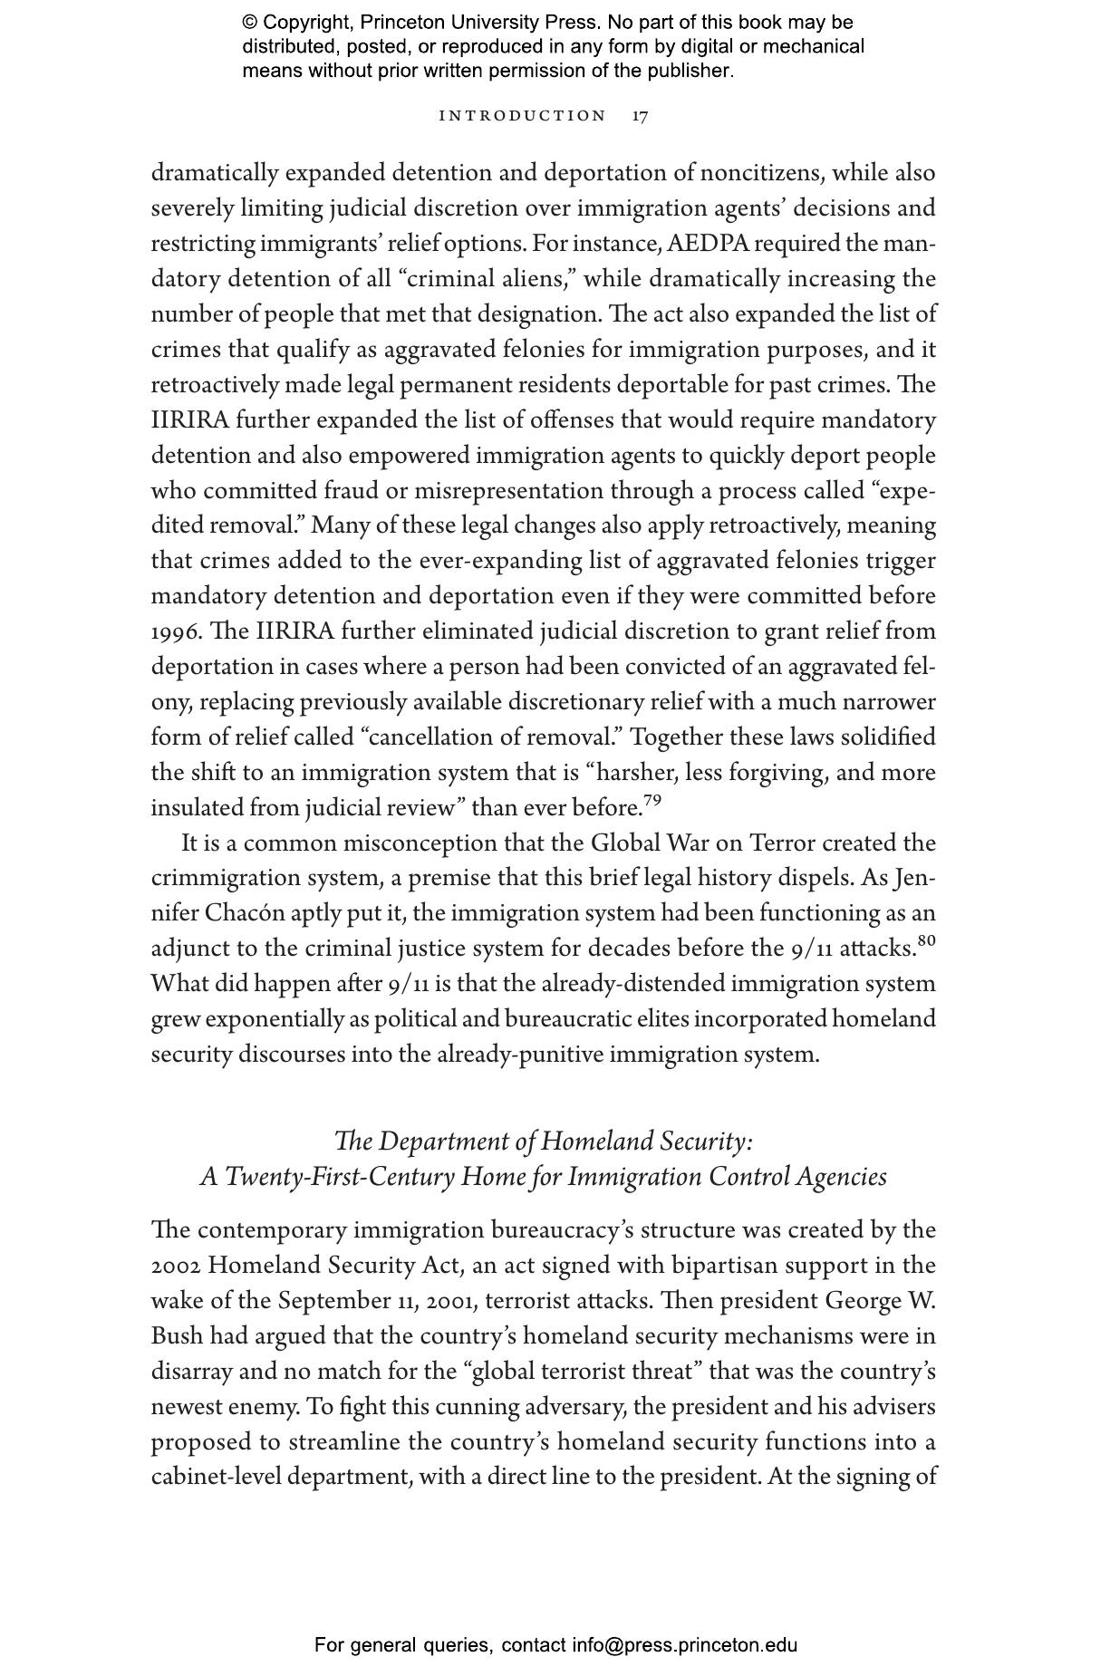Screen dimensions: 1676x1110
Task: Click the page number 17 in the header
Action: click(x=640, y=116)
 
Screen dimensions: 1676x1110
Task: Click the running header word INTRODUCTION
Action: click(x=522, y=116)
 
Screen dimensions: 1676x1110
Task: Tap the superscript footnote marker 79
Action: click(x=652, y=800)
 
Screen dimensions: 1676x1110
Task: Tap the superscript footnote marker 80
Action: click(x=926, y=941)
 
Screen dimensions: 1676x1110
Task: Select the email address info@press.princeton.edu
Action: click(x=684, y=1645)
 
